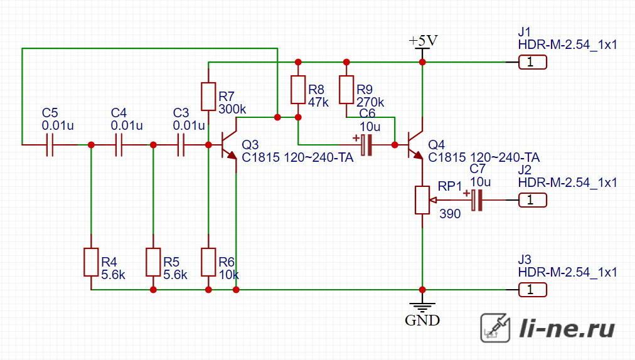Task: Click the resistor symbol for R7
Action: (208, 97)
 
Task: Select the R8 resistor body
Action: (298, 90)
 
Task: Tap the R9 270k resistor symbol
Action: (346, 90)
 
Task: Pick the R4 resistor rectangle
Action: (91, 262)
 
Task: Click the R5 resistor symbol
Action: (153, 262)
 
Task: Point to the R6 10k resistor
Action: (208, 262)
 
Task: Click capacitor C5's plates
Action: (50, 145)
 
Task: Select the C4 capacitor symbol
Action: (119, 145)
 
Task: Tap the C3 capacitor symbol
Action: (181, 145)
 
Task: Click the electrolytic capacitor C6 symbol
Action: (366, 145)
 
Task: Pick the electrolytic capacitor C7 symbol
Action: (476, 199)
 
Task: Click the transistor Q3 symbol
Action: (229, 145)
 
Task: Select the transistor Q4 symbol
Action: (415, 145)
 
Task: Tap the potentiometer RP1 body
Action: (422, 200)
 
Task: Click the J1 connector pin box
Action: (533, 62)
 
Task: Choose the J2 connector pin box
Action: (533, 200)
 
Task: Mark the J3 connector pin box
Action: (533, 290)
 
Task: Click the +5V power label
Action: (423, 41)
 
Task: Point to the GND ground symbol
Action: (422, 307)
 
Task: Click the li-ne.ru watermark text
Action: (567, 328)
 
